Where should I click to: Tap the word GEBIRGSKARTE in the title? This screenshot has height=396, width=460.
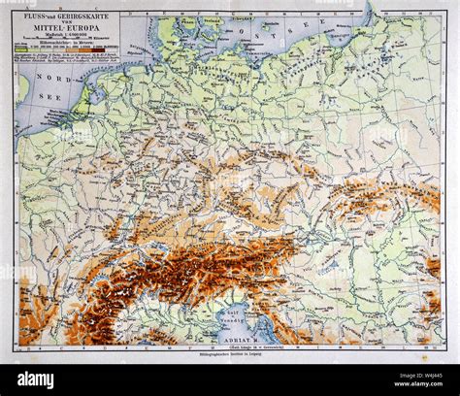coord(83,17)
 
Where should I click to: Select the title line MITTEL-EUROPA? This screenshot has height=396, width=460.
coord(66,31)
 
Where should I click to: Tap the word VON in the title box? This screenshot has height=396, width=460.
coord(66,24)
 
